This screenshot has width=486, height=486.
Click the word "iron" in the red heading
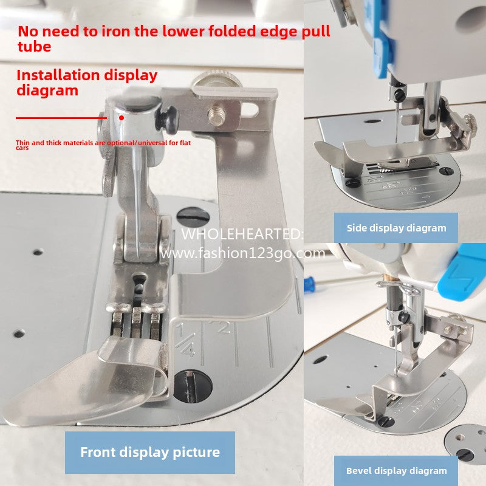pyautogui.click(x=115, y=32)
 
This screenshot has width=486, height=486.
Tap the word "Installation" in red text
pyautogui.click(x=58, y=75)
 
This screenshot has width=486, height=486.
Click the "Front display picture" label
pyautogui.click(x=150, y=452)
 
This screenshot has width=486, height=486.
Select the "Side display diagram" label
pyautogui.click(x=396, y=228)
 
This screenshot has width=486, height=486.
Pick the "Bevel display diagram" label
pyautogui.click(x=396, y=471)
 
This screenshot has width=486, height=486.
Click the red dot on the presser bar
pyautogui.click(x=122, y=118)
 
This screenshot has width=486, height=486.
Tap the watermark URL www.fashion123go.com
pyautogui.click(x=242, y=253)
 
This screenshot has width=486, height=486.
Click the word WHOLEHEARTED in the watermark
pyautogui.click(x=239, y=234)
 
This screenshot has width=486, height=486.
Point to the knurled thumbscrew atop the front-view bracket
pyautogui.click(x=216, y=80)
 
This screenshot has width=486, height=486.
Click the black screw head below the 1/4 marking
pyautogui.click(x=193, y=386)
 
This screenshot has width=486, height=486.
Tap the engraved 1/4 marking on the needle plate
pyautogui.click(x=185, y=340)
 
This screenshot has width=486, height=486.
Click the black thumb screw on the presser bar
pyautogui.click(x=169, y=119)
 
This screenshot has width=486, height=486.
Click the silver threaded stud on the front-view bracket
pyautogui.click(x=216, y=115)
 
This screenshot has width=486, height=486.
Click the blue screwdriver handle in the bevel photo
pyautogui.click(x=309, y=284)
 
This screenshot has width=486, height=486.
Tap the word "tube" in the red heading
pyautogui.click(x=35, y=47)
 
